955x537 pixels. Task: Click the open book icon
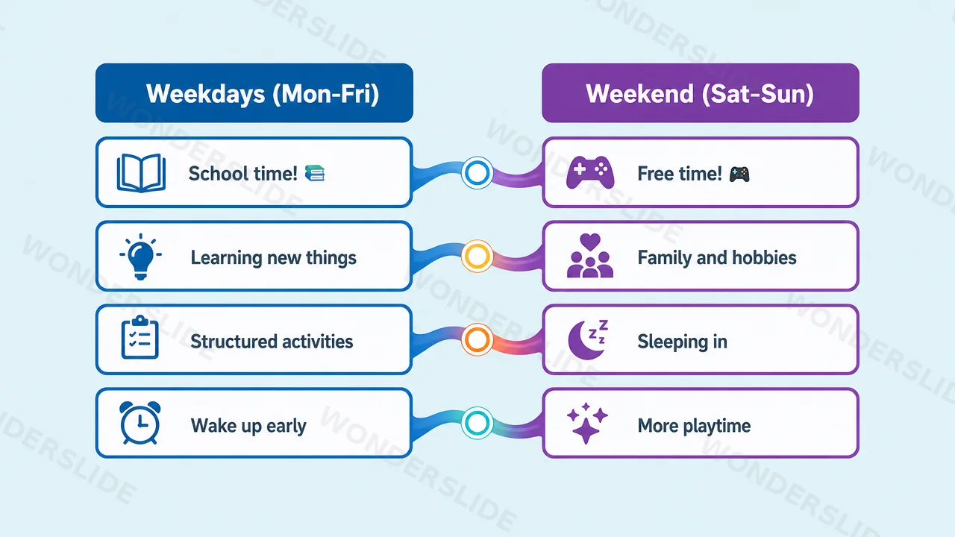point(141,173)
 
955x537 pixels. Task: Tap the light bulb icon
point(141,257)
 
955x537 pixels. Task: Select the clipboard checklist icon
point(140,338)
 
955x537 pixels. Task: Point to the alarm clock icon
point(140,423)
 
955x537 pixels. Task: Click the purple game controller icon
point(590,172)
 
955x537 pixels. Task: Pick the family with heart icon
point(590,256)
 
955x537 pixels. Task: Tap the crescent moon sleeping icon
point(588,339)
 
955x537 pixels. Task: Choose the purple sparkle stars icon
point(587,423)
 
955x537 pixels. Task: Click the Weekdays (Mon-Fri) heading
point(263,94)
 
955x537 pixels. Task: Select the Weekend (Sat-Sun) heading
point(700,94)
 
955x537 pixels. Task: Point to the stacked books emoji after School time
point(315,173)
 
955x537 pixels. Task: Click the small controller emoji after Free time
point(739,174)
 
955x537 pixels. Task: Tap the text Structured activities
point(272,342)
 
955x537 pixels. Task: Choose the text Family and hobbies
point(717,258)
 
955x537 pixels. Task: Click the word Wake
point(213,425)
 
